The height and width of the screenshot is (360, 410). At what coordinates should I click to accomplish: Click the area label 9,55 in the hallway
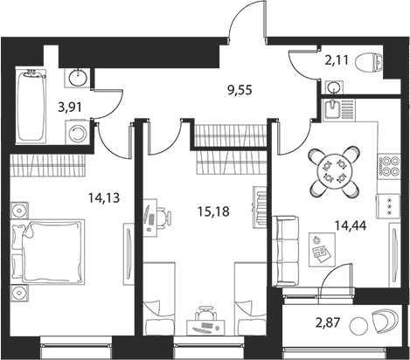(x=240, y=91)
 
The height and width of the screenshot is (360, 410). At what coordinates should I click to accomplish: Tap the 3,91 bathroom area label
(x=70, y=107)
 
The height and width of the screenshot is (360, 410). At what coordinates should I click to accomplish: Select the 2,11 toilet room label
(x=337, y=60)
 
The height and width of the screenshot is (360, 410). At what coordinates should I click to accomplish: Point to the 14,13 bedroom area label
(x=104, y=198)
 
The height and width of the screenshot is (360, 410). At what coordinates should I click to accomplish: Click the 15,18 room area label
(x=213, y=211)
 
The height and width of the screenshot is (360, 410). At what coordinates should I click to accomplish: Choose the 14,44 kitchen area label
(x=350, y=225)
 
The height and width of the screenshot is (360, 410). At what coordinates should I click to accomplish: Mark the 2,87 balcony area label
(x=328, y=322)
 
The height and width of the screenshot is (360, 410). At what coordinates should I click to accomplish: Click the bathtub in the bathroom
(x=31, y=106)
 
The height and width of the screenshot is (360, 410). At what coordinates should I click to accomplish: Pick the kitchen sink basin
(x=332, y=108)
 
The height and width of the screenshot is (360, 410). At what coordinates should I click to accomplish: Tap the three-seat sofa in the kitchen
(x=285, y=251)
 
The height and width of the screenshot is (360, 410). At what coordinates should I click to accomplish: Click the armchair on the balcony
(x=385, y=321)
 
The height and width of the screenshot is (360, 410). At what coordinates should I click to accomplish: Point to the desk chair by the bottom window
(x=206, y=313)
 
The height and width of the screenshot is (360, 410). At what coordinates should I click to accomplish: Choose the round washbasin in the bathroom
(x=78, y=77)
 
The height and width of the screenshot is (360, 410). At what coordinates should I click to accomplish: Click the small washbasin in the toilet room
(x=334, y=87)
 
